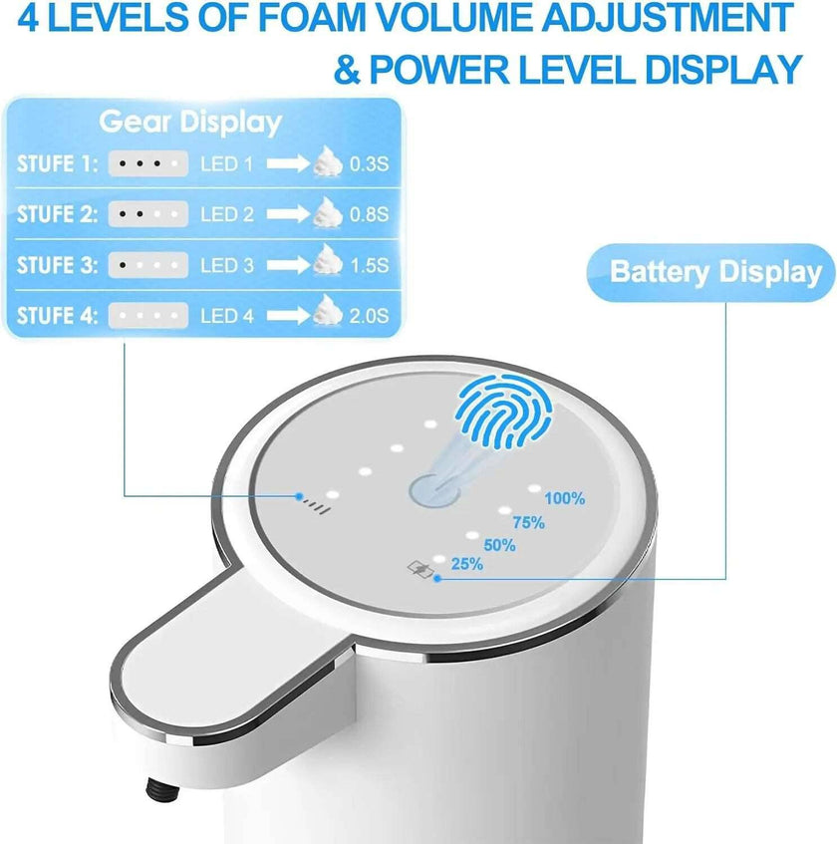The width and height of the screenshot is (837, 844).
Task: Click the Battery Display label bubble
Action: coord(715,271)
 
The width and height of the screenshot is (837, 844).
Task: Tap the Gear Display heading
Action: coord(190,123)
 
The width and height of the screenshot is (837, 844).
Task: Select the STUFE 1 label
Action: coord(58,163)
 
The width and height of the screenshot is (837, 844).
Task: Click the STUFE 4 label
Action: coord(58,317)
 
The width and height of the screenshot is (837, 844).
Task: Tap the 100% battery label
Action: coord(565,498)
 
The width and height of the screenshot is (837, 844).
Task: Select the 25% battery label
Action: coord(466,564)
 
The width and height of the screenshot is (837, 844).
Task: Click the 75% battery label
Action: coord(528,521)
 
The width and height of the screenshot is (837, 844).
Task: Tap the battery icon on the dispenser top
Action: coord(417,569)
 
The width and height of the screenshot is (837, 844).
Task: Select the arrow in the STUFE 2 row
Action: coord(288,214)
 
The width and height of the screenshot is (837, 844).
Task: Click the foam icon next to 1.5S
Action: coord(326,263)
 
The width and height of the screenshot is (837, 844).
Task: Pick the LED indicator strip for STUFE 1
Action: coord(147,163)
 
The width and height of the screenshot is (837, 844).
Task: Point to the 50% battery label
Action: coord(498,545)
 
